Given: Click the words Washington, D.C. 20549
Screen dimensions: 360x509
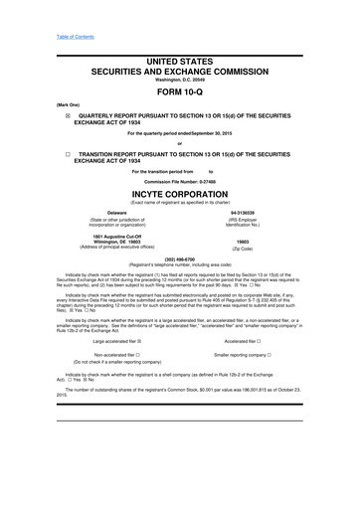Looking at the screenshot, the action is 179,79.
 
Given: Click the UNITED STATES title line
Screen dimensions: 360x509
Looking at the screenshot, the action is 179,61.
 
